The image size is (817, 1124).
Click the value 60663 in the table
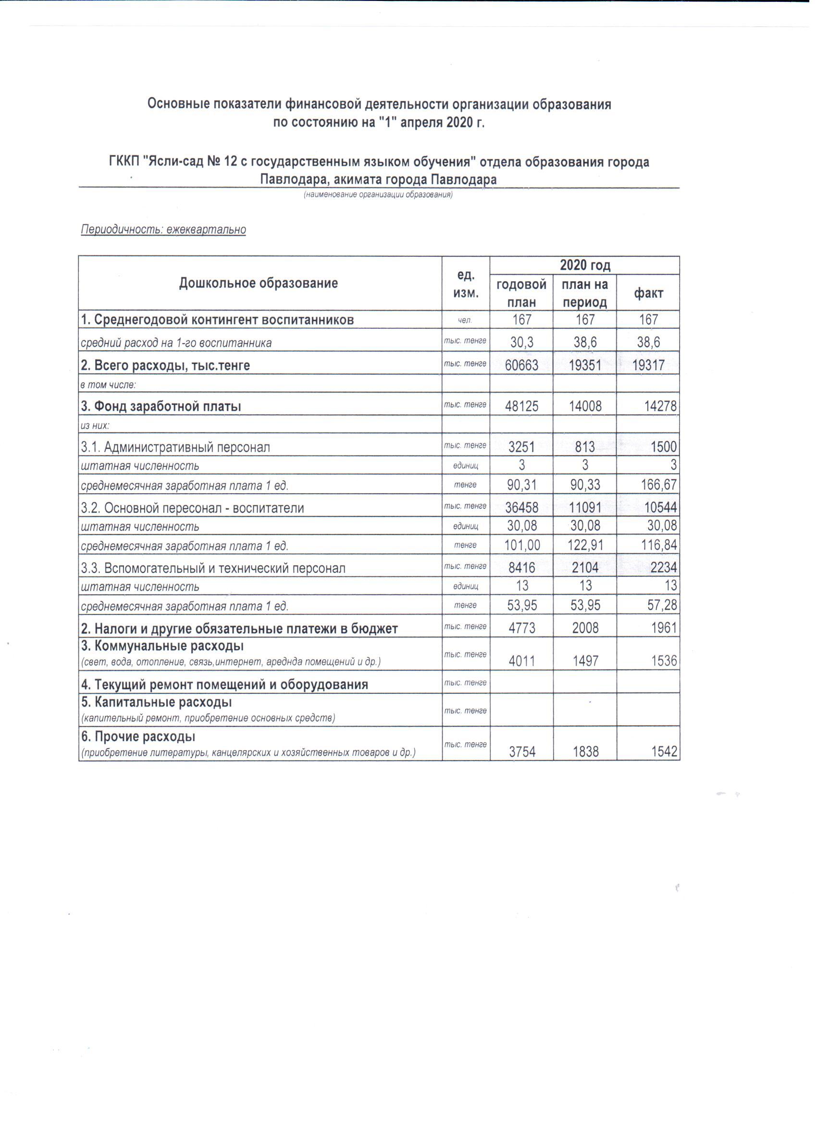click(521, 366)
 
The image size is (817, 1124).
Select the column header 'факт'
click(648, 293)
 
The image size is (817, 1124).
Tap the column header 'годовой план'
click(521, 293)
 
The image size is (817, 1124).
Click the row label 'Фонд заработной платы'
click(161, 407)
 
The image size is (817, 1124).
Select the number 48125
click(521, 407)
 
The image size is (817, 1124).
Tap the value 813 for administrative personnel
click(585, 447)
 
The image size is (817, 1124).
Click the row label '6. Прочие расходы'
click(138, 737)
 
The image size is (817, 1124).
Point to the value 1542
click(664, 752)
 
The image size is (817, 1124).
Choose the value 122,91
click(585, 546)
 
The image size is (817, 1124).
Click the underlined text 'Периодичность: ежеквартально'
click(163, 230)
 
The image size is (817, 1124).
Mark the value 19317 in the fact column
click(648, 366)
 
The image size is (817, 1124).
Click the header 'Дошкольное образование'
click(259, 283)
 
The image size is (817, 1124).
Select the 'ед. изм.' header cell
click(466, 284)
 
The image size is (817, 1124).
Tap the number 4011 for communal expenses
click(521, 661)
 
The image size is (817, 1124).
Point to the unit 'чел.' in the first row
click(465, 321)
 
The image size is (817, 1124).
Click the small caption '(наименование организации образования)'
click(378, 195)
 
